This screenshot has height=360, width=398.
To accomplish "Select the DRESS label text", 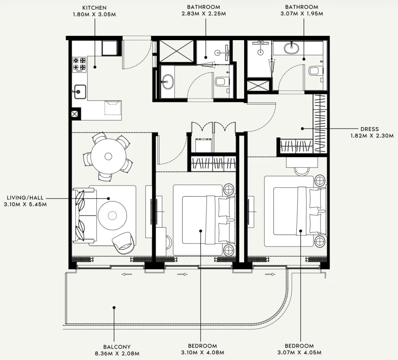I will tap(369, 129).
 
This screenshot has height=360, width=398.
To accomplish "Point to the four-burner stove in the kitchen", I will tap(80, 64).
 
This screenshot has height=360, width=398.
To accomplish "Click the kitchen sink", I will tap(80, 92).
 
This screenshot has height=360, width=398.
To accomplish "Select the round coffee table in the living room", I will tap(112, 215).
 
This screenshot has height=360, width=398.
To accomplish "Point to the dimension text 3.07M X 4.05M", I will tap(302, 352).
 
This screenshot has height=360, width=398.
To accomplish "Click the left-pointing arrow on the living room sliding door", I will tap(127, 274).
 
